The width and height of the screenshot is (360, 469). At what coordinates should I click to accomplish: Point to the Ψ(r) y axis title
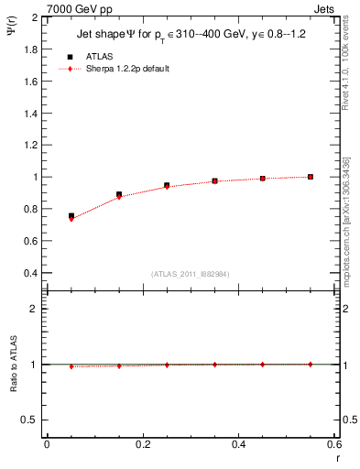pos(12,41)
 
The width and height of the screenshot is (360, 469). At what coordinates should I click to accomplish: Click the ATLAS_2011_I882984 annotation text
pos(191,274)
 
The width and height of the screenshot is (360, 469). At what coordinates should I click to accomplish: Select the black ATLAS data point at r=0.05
pos(71,216)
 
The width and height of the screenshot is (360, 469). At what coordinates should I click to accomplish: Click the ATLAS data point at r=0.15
pos(119,194)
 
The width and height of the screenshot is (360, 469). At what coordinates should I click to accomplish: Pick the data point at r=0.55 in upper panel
pos(311,177)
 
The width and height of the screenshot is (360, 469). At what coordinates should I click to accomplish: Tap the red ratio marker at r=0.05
pos(71,366)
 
